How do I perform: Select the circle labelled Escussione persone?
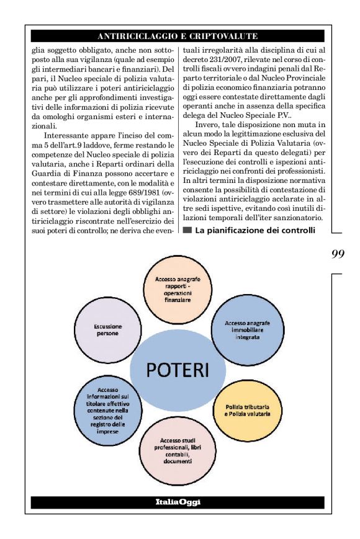pos(109,329)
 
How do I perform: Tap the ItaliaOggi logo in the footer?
pos(178,502)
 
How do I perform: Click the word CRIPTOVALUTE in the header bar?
pos(225,37)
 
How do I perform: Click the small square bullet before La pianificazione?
pos(187,231)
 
